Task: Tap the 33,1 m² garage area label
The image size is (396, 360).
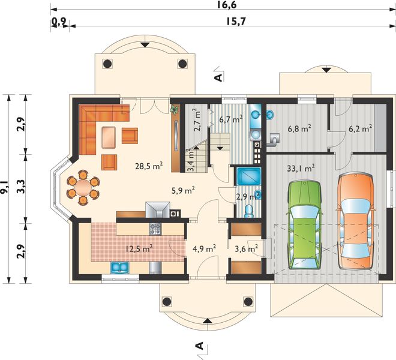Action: tap(301, 169)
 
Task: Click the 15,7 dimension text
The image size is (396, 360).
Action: tap(236, 22)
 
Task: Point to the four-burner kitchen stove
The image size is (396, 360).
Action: tap(155, 229)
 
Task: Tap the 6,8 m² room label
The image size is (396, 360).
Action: tap(299, 128)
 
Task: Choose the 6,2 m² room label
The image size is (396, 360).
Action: tap(359, 128)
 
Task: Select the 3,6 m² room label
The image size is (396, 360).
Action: tap(246, 247)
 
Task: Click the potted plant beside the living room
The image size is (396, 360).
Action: tap(175, 110)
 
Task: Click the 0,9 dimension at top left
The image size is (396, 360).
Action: tap(58, 22)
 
